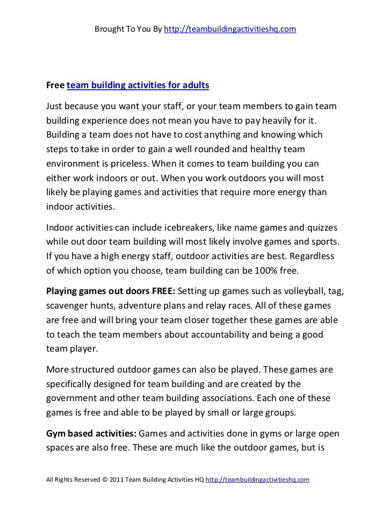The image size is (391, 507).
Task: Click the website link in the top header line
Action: (230, 28)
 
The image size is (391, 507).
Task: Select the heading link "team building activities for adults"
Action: (137, 85)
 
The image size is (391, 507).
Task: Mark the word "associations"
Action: (229, 399)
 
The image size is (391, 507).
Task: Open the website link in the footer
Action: (258, 479)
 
